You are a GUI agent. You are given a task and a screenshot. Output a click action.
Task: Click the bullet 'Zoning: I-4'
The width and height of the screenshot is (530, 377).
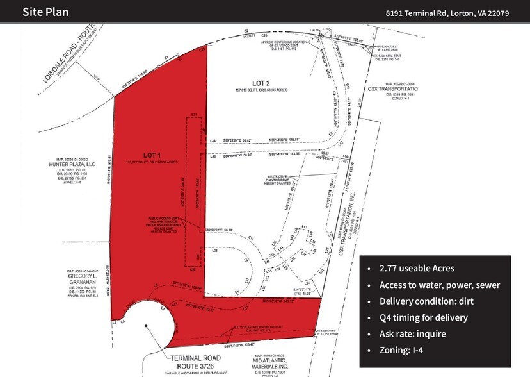tap(397, 350)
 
